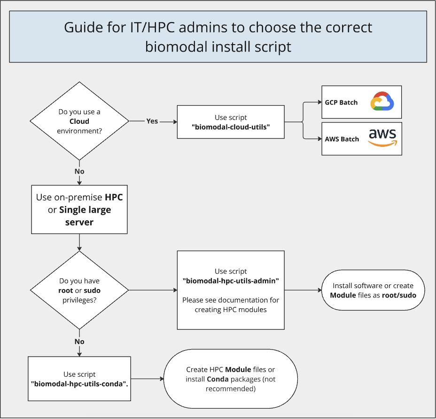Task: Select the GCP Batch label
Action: click(341, 102)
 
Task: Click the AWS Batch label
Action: click(342, 139)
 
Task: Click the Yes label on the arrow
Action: click(152, 121)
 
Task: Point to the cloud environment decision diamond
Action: click(79, 121)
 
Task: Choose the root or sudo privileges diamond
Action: click(79, 290)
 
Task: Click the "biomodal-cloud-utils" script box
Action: click(230, 122)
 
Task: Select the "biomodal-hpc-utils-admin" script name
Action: click(231, 281)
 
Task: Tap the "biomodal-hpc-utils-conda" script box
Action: click(79, 379)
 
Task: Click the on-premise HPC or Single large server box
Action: click(79, 209)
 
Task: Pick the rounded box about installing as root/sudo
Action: click(373, 290)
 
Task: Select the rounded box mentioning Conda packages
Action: click(230, 379)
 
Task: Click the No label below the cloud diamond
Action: click(79, 172)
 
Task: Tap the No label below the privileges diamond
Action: click(79, 342)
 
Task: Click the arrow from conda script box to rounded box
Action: click(147, 379)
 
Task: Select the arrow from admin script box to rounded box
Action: click(303, 290)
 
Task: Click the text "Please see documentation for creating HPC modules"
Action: click(231, 305)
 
